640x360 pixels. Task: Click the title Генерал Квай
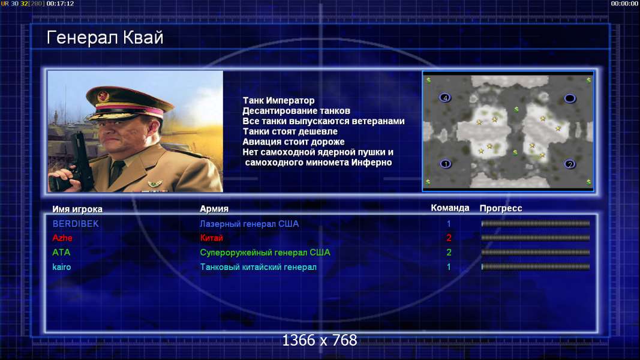105,38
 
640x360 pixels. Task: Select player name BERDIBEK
76,224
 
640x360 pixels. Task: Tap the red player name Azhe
62,238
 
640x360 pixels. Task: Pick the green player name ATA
61,252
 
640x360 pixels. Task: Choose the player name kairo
62,267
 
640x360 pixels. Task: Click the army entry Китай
211,238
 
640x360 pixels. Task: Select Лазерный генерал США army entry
249,224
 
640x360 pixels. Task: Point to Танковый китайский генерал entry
258,267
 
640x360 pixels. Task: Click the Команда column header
450,208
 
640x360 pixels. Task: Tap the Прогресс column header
501,208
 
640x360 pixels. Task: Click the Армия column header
214,209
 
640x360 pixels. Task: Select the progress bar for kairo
536,267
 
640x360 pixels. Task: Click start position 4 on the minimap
445,98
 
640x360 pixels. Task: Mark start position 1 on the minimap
445,164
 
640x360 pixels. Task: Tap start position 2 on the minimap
570,164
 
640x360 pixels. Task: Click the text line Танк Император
278,100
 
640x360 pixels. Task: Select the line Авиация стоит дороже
293,142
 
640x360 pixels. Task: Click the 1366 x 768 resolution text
320,340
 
